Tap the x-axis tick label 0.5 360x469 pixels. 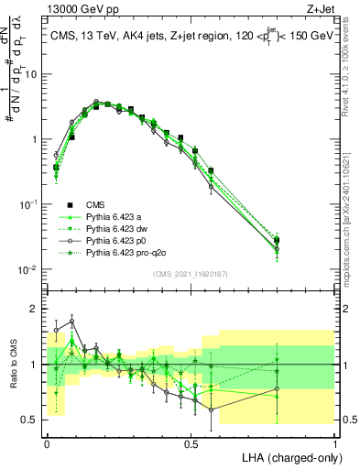pyautogui.click(x=191, y=442)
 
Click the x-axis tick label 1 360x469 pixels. pyautogui.click(x=335, y=442)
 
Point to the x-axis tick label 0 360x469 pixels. pyautogui.click(x=47, y=442)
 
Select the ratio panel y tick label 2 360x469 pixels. pyautogui.click(x=35, y=309)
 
